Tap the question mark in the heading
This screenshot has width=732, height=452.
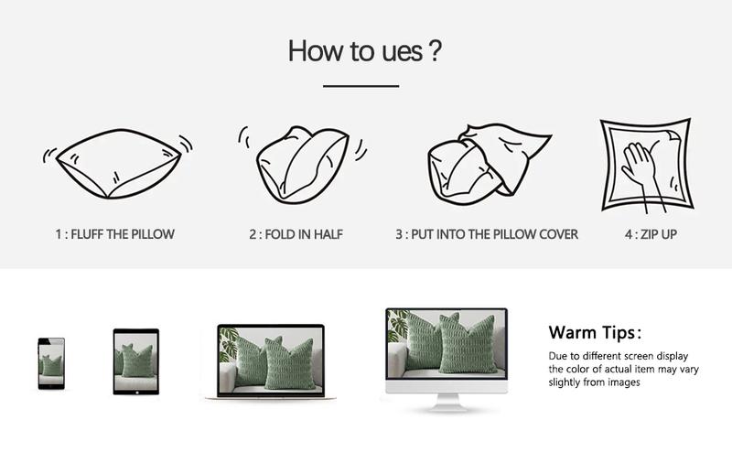pyautogui.click(x=434, y=50)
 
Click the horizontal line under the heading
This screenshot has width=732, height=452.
pyautogui.click(x=361, y=86)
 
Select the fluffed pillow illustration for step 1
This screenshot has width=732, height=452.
pyautogui.click(x=118, y=164)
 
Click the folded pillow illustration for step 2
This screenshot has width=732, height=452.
pyautogui.click(x=303, y=165)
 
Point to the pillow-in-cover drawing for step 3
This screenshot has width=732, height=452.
pyautogui.click(x=489, y=164)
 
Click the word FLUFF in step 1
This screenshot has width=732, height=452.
pyautogui.click(x=88, y=234)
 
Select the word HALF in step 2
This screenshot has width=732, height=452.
pyautogui.click(x=328, y=234)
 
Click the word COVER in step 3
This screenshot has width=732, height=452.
pyautogui.click(x=559, y=234)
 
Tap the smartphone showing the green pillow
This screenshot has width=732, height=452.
pyautogui.click(x=51, y=363)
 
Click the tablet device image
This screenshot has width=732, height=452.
pyautogui.click(x=135, y=362)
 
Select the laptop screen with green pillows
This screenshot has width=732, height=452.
pyautogui.click(x=271, y=360)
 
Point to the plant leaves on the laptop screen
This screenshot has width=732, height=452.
pyautogui.click(x=228, y=343)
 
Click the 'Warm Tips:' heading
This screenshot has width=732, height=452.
pyautogui.click(x=596, y=333)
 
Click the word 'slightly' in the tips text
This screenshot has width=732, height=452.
pyautogui.click(x=564, y=382)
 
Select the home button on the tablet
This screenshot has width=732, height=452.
pyautogui.click(x=136, y=393)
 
